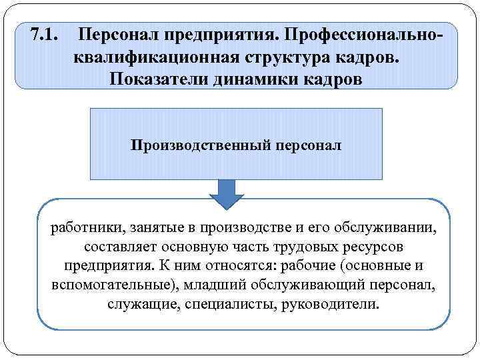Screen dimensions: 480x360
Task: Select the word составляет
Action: [106, 247]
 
